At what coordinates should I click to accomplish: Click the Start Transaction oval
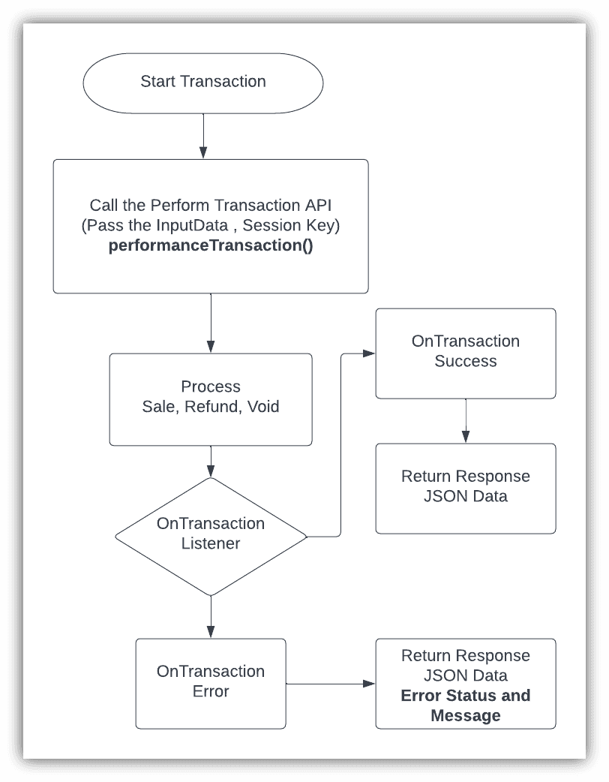coord(202,82)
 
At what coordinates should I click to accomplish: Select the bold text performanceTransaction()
coord(211,245)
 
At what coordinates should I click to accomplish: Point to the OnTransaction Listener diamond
coord(211,534)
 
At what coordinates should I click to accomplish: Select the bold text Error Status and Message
coord(465,705)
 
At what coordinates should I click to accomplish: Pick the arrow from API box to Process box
coord(211,323)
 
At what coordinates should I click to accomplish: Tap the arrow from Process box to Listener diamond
coord(211,461)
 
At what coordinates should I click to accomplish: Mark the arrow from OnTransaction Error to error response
coord(330,684)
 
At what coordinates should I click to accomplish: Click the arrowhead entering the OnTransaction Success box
coord(370,352)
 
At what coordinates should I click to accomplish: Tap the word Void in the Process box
coord(264,408)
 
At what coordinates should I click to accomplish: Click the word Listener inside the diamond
coord(211,543)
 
